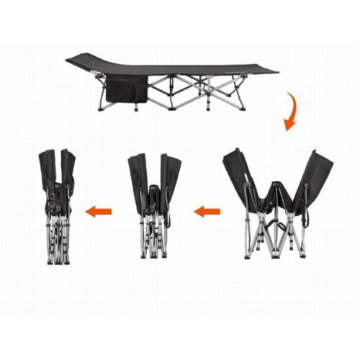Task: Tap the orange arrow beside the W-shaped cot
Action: [207, 212]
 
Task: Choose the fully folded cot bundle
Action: [58, 205]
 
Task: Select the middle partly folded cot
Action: [153, 205]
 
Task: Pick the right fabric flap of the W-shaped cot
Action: [318, 176]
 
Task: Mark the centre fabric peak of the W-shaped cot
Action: [276, 191]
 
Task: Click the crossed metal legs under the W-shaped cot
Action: [277, 234]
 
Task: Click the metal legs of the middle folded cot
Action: [153, 238]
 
